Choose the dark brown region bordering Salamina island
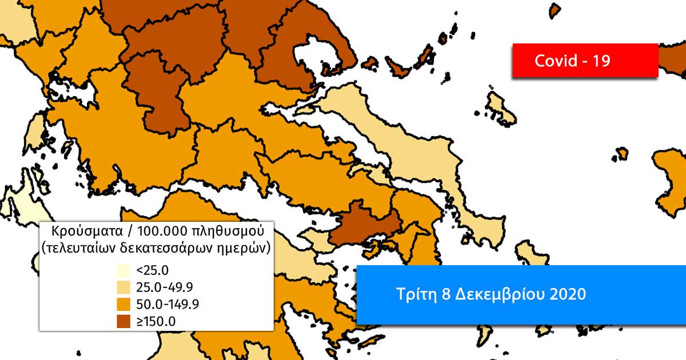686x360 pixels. [x=360, y=223]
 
